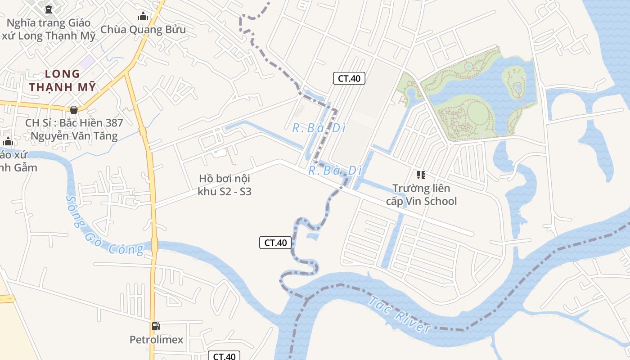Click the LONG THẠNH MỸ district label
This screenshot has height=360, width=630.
click(x=63, y=80)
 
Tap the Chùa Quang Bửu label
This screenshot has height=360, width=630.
click(x=143, y=30)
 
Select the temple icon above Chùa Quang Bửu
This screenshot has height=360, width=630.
click(x=143, y=17)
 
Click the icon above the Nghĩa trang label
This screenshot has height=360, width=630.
click(x=49, y=9)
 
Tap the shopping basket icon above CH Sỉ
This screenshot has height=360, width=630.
click(x=74, y=109)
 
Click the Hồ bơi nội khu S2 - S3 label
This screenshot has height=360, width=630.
click(x=225, y=185)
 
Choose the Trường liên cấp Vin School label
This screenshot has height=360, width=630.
click(x=421, y=194)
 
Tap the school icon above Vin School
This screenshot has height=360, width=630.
click(x=421, y=175)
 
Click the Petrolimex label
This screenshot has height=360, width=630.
click(x=157, y=340)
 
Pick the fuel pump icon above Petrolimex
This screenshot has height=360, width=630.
click(x=156, y=326)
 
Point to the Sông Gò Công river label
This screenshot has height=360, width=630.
click(x=104, y=226)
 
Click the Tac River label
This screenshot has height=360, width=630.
click(x=399, y=314)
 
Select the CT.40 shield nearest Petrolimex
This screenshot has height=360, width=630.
click(x=224, y=356)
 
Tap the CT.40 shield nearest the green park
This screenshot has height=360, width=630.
click(x=349, y=78)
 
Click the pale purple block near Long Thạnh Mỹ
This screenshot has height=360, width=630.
click(x=87, y=62)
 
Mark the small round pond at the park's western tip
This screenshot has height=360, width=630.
click(x=410, y=94)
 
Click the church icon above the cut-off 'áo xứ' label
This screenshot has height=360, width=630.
click(x=8, y=142)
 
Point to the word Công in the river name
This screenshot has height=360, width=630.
click(x=129, y=248)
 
